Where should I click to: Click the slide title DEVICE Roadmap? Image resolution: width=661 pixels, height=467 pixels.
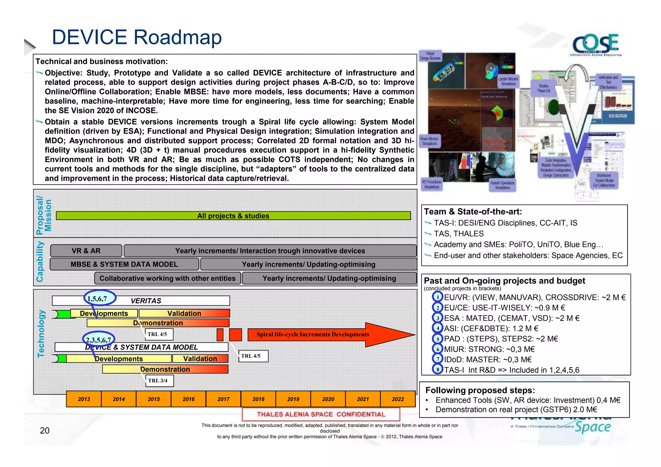pyautogui.click(x=137, y=37)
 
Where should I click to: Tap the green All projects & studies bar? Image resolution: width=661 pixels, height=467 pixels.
pyautogui.click(x=233, y=216)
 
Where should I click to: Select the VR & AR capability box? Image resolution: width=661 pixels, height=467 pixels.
pyautogui.click(x=86, y=251)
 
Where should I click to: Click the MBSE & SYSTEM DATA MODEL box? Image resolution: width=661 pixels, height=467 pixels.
pyautogui.click(x=124, y=264)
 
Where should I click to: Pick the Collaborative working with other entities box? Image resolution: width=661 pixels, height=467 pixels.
pyautogui.click(x=168, y=278)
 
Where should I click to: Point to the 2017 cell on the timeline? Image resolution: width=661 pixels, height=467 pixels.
pyautogui.click(x=223, y=399)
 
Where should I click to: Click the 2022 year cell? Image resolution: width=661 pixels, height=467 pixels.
pyautogui.click(x=398, y=399)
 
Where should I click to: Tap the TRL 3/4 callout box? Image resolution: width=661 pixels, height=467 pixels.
pyautogui.click(x=159, y=381)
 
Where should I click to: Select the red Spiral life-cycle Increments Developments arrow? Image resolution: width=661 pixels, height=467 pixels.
pyautogui.click(x=323, y=335)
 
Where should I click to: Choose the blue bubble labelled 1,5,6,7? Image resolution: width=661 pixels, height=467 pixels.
pyautogui.click(x=99, y=298)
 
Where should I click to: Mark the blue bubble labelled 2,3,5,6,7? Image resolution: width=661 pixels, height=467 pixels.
pyautogui.click(x=98, y=340)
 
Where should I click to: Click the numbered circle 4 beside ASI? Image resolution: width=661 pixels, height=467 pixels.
pyautogui.click(x=437, y=328)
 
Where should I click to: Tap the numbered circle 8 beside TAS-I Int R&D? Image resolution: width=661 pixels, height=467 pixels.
pyautogui.click(x=437, y=369)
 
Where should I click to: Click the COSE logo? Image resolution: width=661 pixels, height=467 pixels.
pyautogui.click(x=595, y=44)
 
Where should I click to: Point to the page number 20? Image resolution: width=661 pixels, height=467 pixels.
pyautogui.click(x=45, y=430)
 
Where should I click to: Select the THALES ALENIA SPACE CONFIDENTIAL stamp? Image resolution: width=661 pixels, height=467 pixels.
pyautogui.click(x=321, y=414)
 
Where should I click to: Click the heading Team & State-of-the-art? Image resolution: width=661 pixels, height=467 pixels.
pyautogui.click(x=473, y=212)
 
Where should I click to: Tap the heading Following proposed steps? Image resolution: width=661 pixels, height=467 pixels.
pyautogui.click(x=480, y=390)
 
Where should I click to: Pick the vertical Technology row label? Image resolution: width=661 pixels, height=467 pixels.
pyautogui.click(x=41, y=334)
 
